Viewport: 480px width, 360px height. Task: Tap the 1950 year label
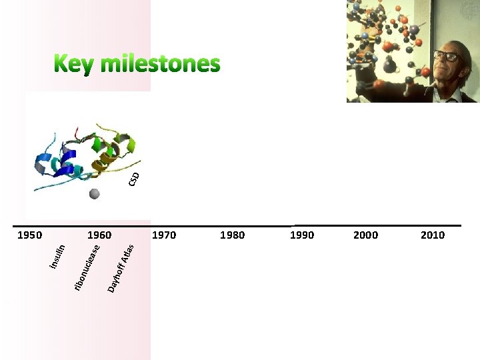coord(29,235)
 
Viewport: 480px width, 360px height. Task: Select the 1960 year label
coord(99,235)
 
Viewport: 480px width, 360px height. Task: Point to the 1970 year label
coord(165,235)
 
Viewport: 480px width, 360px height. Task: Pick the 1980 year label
coord(232,235)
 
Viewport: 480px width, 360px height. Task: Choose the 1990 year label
coord(301,235)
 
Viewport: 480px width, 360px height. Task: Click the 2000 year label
coord(365,235)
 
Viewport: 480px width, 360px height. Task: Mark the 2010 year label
coord(432,235)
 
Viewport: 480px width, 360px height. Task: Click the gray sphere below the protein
coord(95,194)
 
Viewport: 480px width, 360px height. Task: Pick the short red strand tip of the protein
coord(78,131)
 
